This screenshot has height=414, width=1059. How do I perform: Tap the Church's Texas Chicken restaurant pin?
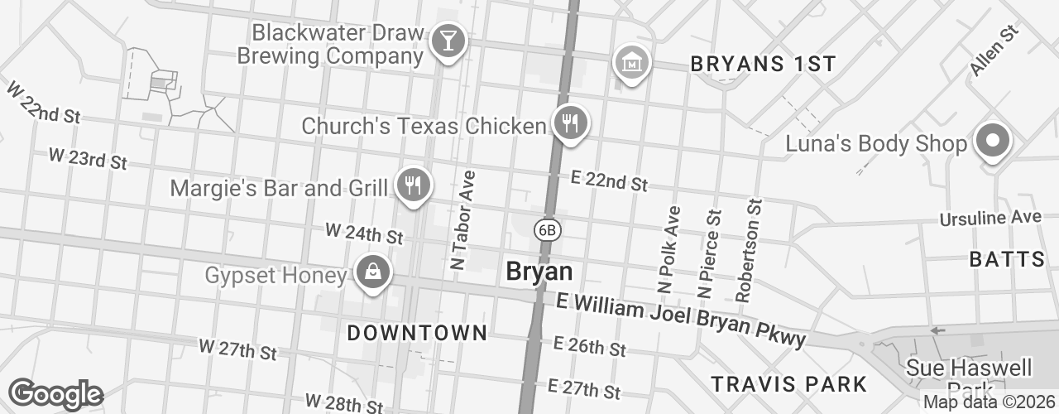click(x=570, y=124)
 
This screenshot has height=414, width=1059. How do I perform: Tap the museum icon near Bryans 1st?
click(x=631, y=62)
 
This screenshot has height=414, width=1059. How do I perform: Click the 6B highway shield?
click(x=547, y=229)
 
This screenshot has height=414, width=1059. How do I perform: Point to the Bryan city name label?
click(x=539, y=272)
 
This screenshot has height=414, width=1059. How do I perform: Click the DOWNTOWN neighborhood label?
click(x=417, y=333)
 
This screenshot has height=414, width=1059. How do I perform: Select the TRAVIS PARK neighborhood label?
click(x=789, y=384)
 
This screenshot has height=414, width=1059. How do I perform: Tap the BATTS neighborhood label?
click(x=1008, y=259)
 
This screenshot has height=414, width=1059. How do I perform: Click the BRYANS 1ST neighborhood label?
click(x=763, y=64)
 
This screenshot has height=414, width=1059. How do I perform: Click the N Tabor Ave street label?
click(x=463, y=220)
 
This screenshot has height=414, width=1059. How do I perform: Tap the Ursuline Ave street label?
click(x=990, y=218)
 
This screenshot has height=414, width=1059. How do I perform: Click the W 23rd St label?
click(x=88, y=157)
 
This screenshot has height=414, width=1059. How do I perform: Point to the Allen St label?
click(x=993, y=51)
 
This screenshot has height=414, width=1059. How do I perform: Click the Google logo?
click(x=55, y=394)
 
